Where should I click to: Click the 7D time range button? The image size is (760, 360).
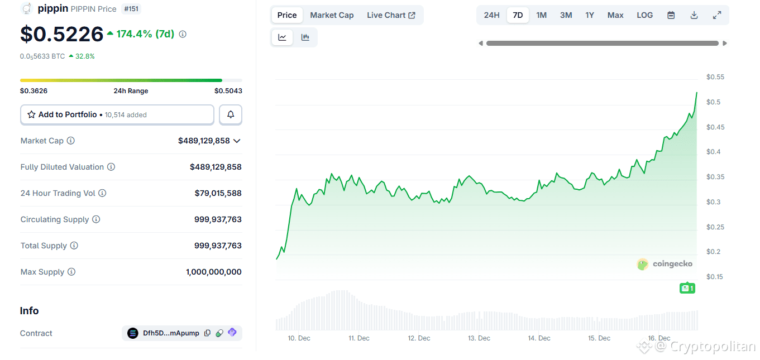[x=518, y=15]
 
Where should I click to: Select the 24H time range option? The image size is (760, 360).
[x=491, y=15]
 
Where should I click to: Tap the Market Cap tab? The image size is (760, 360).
[x=332, y=15]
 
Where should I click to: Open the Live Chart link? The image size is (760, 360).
[x=391, y=15]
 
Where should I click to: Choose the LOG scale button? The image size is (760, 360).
[x=644, y=15]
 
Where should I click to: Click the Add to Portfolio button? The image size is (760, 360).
[x=117, y=114]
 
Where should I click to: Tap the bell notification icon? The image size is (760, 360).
[x=231, y=114]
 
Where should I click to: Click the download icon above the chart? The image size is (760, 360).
[x=694, y=15]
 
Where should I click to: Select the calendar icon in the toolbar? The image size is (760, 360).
[x=671, y=15]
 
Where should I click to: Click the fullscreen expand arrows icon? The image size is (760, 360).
[x=717, y=15]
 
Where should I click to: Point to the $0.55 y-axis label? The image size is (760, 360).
[x=715, y=77]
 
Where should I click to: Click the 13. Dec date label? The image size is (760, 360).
[x=479, y=338]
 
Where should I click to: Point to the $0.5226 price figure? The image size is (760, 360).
[x=61, y=35]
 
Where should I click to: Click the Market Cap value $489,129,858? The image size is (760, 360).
[x=204, y=141]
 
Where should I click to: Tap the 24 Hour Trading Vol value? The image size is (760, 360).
[x=218, y=193]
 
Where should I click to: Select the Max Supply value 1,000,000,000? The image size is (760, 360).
[x=213, y=272]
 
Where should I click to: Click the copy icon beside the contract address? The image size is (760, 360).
[x=207, y=333]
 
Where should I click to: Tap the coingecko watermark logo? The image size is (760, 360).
[x=665, y=264]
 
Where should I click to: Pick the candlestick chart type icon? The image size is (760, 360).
[x=305, y=37]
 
